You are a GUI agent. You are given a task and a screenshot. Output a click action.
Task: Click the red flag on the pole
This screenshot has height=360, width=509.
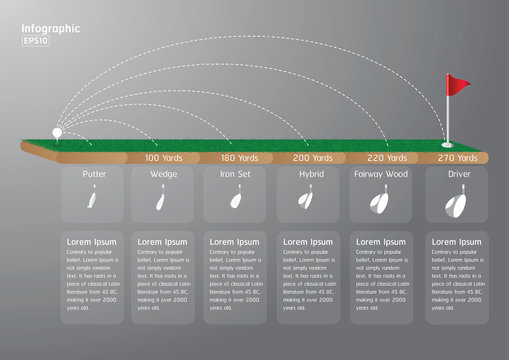(457, 85)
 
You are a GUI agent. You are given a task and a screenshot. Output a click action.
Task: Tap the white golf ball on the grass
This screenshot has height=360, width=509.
(57, 129)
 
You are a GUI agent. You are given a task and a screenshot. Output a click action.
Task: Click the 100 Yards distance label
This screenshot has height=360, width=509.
(165, 158)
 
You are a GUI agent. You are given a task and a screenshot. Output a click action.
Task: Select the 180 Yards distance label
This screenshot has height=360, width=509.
(240, 158)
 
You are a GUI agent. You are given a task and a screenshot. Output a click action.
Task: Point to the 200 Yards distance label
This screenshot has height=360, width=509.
(313, 158)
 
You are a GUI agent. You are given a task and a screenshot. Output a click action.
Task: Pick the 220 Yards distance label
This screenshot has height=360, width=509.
(387, 158)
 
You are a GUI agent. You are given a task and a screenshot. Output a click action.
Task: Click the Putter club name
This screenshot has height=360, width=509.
(95, 174)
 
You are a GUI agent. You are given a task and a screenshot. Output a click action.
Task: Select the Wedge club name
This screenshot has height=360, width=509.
(164, 174)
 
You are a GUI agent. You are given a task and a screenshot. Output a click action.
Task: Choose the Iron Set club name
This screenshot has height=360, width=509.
(236, 174)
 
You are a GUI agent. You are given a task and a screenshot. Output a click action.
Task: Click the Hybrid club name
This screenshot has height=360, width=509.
(311, 174)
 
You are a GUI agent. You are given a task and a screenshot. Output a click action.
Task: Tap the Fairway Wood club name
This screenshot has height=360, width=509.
(381, 174)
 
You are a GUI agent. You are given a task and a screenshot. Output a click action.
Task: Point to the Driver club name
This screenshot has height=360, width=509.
(458, 174)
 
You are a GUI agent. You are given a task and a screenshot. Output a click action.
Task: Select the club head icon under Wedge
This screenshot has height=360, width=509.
(160, 204)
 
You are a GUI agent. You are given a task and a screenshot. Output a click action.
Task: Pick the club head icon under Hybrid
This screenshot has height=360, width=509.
(303, 204)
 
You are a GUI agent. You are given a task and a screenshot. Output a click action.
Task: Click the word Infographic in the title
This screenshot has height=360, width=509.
(51, 29)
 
